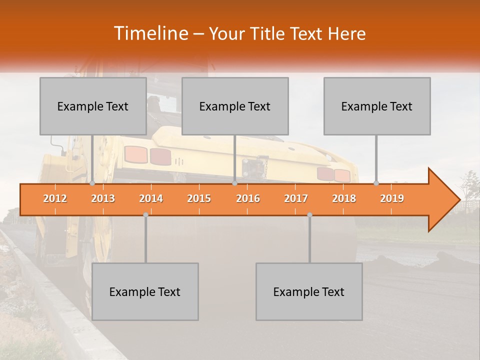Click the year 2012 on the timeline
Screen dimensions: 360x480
click(x=55, y=198)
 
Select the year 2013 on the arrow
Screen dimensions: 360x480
click(x=103, y=198)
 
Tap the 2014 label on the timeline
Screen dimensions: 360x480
click(x=151, y=198)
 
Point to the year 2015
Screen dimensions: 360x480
click(x=199, y=198)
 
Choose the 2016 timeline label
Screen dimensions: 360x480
click(x=248, y=198)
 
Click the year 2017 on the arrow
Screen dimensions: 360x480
click(x=296, y=198)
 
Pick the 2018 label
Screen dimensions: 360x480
click(x=344, y=198)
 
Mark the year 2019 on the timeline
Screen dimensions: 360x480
click(x=392, y=198)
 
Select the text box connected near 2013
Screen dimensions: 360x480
click(x=93, y=106)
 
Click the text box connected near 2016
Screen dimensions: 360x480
click(x=235, y=106)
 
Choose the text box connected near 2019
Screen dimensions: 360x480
click(x=377, y=106)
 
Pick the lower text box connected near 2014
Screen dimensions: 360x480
click(x=145, y=291)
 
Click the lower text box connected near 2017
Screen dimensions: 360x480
click(x=309, y=291)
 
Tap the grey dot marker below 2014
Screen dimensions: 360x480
click(x=145, y=214)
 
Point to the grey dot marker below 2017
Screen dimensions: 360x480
click(x=309, y=214)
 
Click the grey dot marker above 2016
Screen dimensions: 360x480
click(x=234, y=183)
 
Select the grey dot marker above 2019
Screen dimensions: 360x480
click(x=376, y=183)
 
